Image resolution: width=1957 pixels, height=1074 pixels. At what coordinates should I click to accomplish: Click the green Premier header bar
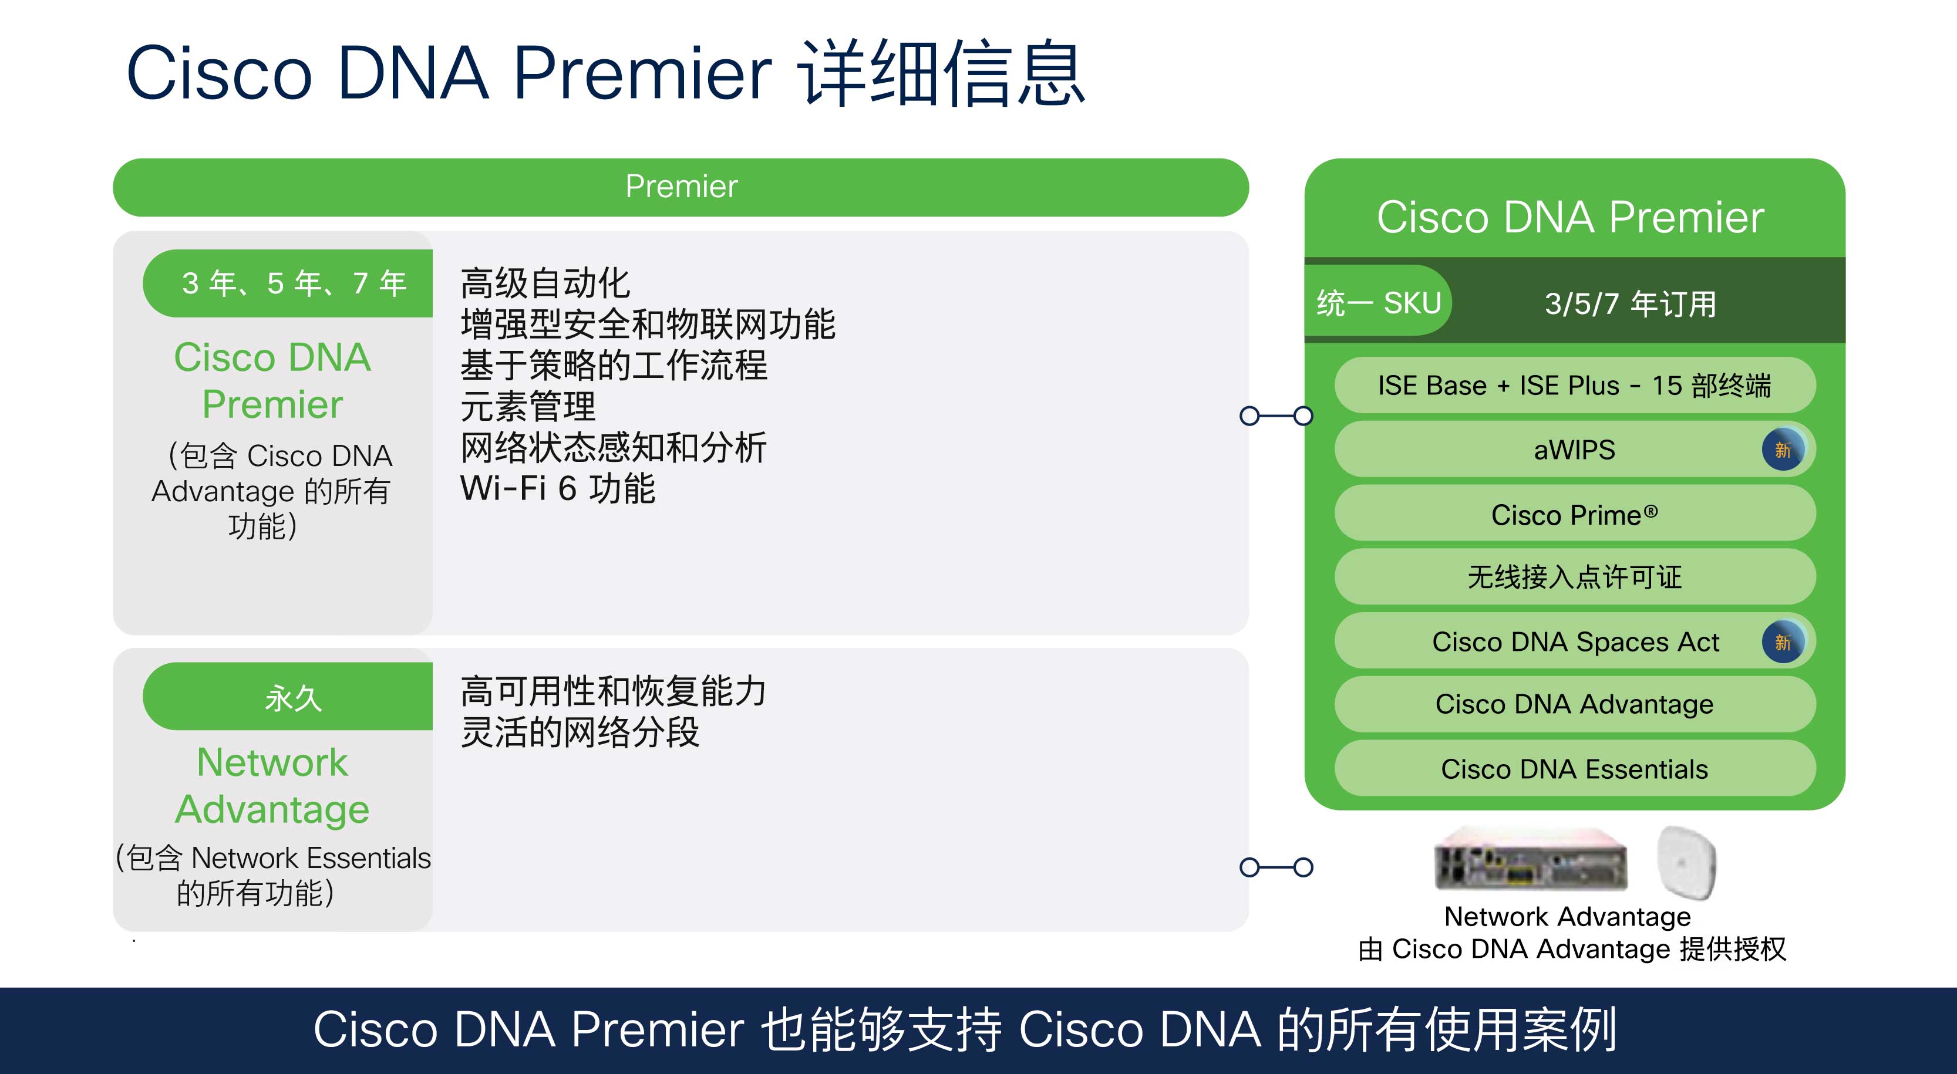(681, 187)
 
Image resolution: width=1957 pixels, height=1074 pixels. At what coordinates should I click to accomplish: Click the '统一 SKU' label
(1378, 302)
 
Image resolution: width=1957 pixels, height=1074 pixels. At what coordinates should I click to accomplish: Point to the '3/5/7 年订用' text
(1631, 304)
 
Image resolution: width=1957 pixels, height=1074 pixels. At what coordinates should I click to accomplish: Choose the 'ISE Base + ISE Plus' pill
(1574, 385)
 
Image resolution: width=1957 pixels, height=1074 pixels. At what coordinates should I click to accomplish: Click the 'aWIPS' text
(1574, 450)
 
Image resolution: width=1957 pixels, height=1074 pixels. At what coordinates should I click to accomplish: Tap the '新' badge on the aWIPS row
(1782, 450)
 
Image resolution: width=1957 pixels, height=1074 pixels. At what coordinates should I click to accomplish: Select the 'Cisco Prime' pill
(1574, 514)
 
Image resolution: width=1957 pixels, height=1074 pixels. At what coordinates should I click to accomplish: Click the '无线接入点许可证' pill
(1574, 577)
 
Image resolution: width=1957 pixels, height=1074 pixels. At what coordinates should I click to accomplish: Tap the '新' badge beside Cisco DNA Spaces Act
(1782, 642)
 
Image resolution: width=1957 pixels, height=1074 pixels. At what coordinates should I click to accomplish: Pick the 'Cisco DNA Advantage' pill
(1574, 704)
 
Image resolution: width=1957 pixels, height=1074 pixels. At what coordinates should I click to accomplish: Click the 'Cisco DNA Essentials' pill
(1574, 769)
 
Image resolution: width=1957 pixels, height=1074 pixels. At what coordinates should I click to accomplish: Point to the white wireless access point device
(1686, 862)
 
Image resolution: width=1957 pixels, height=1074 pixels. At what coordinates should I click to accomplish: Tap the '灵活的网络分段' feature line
(580, 732)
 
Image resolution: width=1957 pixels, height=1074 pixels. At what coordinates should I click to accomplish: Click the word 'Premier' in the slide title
(643, 74)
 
